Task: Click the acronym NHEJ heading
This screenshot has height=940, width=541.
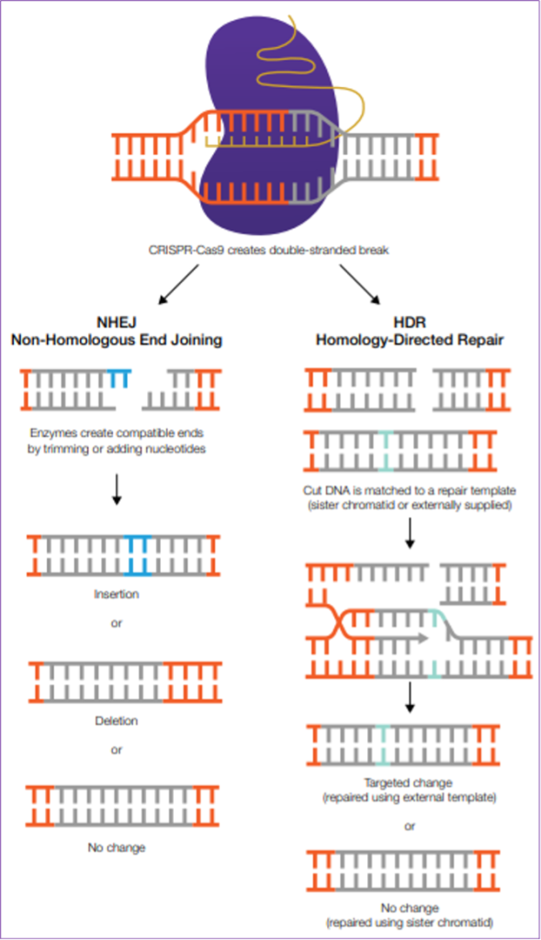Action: click(x=117, y=322)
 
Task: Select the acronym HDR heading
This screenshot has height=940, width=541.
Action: click(x=410, y=322)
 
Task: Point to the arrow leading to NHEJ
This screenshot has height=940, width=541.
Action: click(x=178, y=285)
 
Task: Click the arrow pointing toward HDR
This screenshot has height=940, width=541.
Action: click(x=360, y=285)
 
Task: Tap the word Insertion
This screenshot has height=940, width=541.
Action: click(x=117, y=594)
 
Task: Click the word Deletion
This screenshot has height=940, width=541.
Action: click(x=117, y=721)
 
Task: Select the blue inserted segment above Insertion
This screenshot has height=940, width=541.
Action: click(x=138, y=555)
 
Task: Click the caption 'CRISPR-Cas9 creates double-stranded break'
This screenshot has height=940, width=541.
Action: click(x=269, y=250)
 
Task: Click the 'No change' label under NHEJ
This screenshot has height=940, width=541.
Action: click(x=117, y=847)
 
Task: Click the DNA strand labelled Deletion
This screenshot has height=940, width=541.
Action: click(x=125, y=682)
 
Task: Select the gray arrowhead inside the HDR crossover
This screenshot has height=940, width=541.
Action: click(x=423, y=639)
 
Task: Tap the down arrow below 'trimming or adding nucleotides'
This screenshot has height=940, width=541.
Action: click(x=117, y=489)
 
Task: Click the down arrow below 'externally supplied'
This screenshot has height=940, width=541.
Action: click(x=410, y=533)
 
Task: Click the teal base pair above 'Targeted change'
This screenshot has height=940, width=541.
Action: click(x=383, y=745)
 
